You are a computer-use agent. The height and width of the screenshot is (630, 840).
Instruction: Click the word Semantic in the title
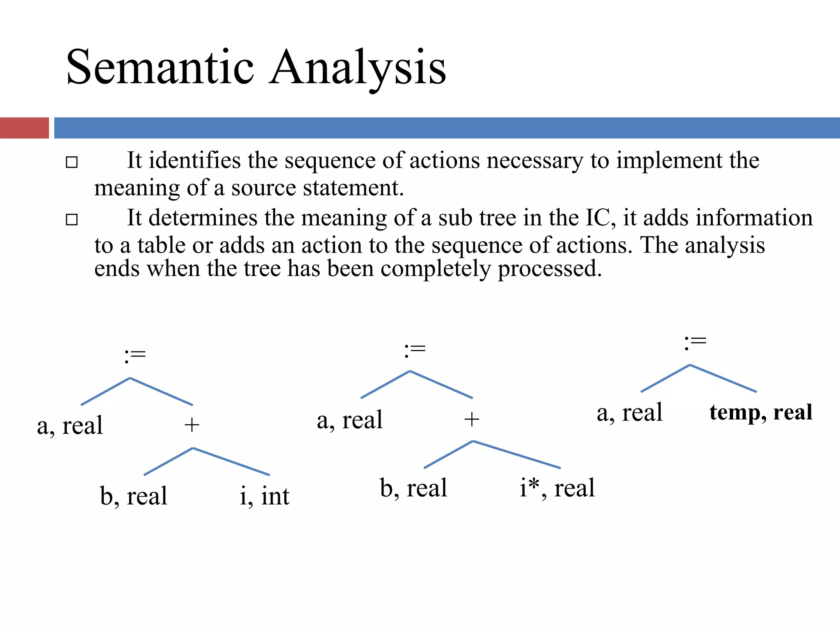click(160, 68)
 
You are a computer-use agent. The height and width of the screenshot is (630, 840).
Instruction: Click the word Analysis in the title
click(358, 68)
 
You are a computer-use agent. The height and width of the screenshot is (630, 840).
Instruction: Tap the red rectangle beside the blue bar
click(24, 128)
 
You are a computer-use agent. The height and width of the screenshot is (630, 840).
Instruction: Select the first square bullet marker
click(72, 162)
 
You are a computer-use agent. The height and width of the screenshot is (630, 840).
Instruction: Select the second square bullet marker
click(72, 220)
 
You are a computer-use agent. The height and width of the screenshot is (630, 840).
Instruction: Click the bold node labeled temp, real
click(761, 412)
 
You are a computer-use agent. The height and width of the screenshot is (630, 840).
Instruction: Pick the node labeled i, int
click(265, 496)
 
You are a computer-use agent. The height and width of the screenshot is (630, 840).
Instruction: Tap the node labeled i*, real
click(557, 488)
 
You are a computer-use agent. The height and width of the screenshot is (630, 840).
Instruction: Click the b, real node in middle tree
click(413, 488)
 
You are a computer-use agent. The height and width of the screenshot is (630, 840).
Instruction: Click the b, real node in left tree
click(134, 496)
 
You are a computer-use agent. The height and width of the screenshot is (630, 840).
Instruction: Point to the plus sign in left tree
click(192, 425)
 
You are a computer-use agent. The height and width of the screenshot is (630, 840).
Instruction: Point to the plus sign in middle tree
click(472, 420)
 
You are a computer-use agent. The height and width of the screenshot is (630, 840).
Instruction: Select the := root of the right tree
click(695, 342)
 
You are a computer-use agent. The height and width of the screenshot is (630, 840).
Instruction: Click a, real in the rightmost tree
click(630, 413)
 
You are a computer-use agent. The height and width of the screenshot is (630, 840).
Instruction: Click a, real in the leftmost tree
click(70, 426)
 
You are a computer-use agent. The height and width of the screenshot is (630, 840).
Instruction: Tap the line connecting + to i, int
click(231, 461)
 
